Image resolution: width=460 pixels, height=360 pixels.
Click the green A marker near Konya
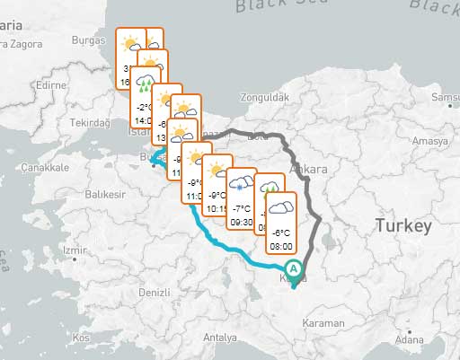[x=293, y=268]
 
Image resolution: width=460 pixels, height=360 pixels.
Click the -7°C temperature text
[x=242, y=207]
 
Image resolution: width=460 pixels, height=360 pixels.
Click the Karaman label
[x=323, y=322]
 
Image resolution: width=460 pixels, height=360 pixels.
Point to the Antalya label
[x=220, y=338]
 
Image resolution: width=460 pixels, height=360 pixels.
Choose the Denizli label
[x=155, y=293]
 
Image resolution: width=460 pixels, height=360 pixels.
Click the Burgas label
[x=88, y=40]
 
